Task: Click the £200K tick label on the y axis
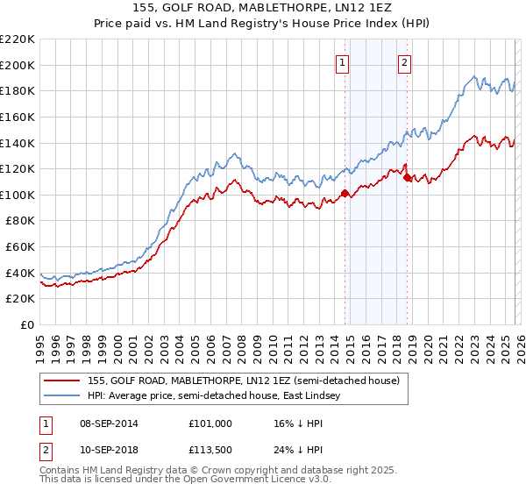18,65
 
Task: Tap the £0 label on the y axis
28,325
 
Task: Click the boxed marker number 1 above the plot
342,62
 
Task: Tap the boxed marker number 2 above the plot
404,62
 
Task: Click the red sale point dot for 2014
345,193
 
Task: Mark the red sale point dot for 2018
407,177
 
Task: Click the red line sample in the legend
62,381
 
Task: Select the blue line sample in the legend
62,396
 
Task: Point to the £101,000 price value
209,423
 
